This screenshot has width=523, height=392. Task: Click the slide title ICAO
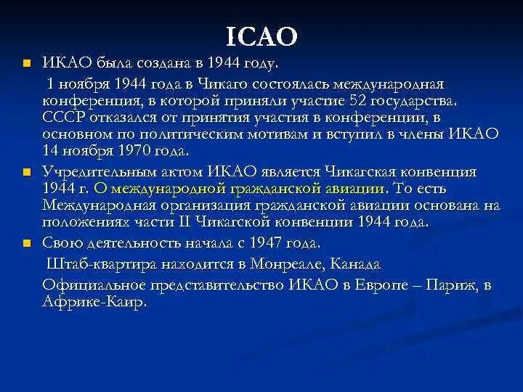click(262, 34)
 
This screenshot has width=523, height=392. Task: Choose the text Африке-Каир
click(94, 301)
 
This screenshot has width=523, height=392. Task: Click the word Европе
click(382, 285)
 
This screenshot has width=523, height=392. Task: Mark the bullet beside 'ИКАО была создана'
click(27, 64)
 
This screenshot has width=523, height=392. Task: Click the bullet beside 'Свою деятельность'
click(27, 242)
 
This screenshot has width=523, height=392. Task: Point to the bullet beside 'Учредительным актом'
click(27, 172)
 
